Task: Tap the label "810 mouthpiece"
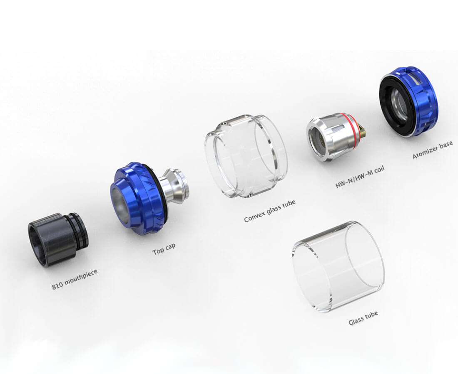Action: click(x=75, y=280)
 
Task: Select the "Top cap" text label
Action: click(x=164, y=249)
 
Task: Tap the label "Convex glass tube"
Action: click(x=270, y=211)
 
